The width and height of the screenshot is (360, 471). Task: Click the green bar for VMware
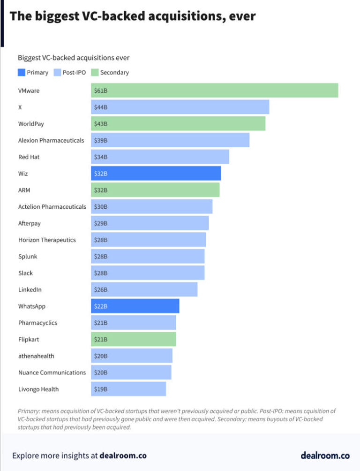pos(214,90)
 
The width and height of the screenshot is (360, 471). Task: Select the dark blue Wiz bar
pos(156,173)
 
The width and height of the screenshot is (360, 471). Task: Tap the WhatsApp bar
pos(135,306)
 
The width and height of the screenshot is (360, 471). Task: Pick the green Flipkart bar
pos(134,339)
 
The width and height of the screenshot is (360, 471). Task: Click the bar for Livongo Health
pos(128,389)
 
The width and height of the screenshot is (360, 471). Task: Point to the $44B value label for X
pos(101,107)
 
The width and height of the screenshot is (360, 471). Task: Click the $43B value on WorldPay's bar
pos(101,123)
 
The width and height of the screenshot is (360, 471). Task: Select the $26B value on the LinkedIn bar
pos(101,289)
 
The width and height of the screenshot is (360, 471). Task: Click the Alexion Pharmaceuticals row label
pos(51,140)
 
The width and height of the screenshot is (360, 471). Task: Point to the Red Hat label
pos(29,157)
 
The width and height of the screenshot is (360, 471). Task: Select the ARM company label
pos(24,190)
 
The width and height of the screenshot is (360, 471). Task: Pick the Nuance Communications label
pos(52,372)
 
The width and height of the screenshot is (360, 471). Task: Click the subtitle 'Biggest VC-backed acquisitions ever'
pos(74,58)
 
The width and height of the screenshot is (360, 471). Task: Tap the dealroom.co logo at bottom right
pos(325,455)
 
